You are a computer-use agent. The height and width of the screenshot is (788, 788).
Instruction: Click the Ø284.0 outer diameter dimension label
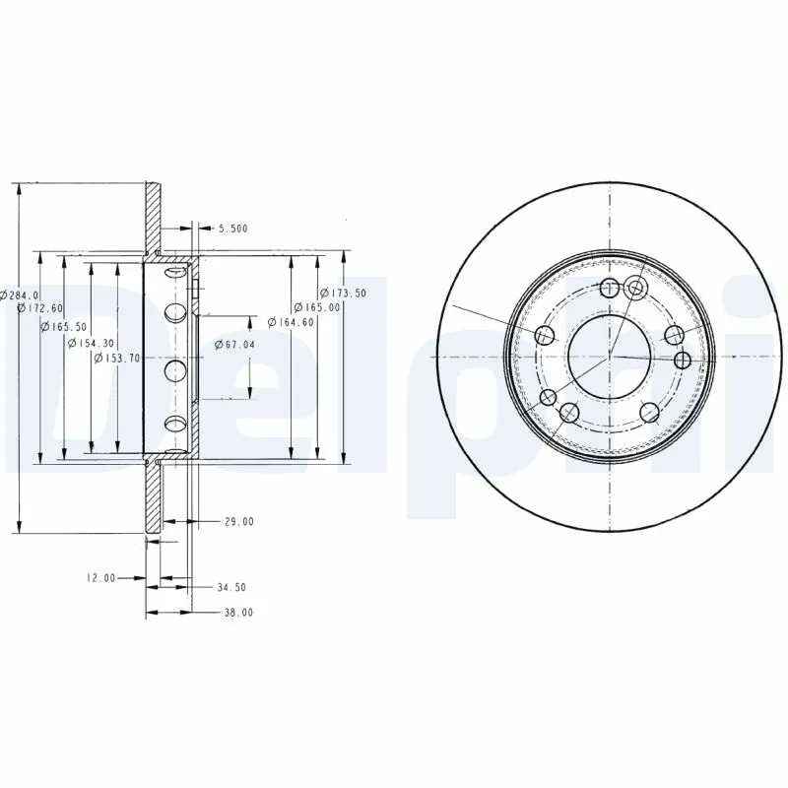pos(21,295)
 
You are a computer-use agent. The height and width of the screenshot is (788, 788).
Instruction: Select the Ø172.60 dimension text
pos(38,309)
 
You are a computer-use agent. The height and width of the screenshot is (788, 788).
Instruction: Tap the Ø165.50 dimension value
pos(64,326)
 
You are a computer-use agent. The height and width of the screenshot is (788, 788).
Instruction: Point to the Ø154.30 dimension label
pos(90,342)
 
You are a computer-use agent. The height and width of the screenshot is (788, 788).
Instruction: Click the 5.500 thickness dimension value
pos(232,229)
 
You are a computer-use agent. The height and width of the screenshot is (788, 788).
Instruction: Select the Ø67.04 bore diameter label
pos(234,345)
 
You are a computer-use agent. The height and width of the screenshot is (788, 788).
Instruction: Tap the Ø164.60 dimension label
pos(292,321)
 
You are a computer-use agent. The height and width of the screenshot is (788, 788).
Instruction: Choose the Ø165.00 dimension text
pos(318,307)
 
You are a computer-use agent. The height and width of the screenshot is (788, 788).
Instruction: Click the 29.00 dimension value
pos(238,521)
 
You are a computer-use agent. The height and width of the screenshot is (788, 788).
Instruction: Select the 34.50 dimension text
pos(230,587)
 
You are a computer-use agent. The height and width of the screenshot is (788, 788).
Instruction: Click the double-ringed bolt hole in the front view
pos(635,288)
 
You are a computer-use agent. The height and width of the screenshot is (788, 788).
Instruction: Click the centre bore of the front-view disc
pos(610,355)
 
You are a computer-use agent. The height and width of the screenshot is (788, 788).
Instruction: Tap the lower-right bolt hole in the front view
pos(649,412)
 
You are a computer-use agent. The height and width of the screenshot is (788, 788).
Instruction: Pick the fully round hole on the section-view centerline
pos(175,370)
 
